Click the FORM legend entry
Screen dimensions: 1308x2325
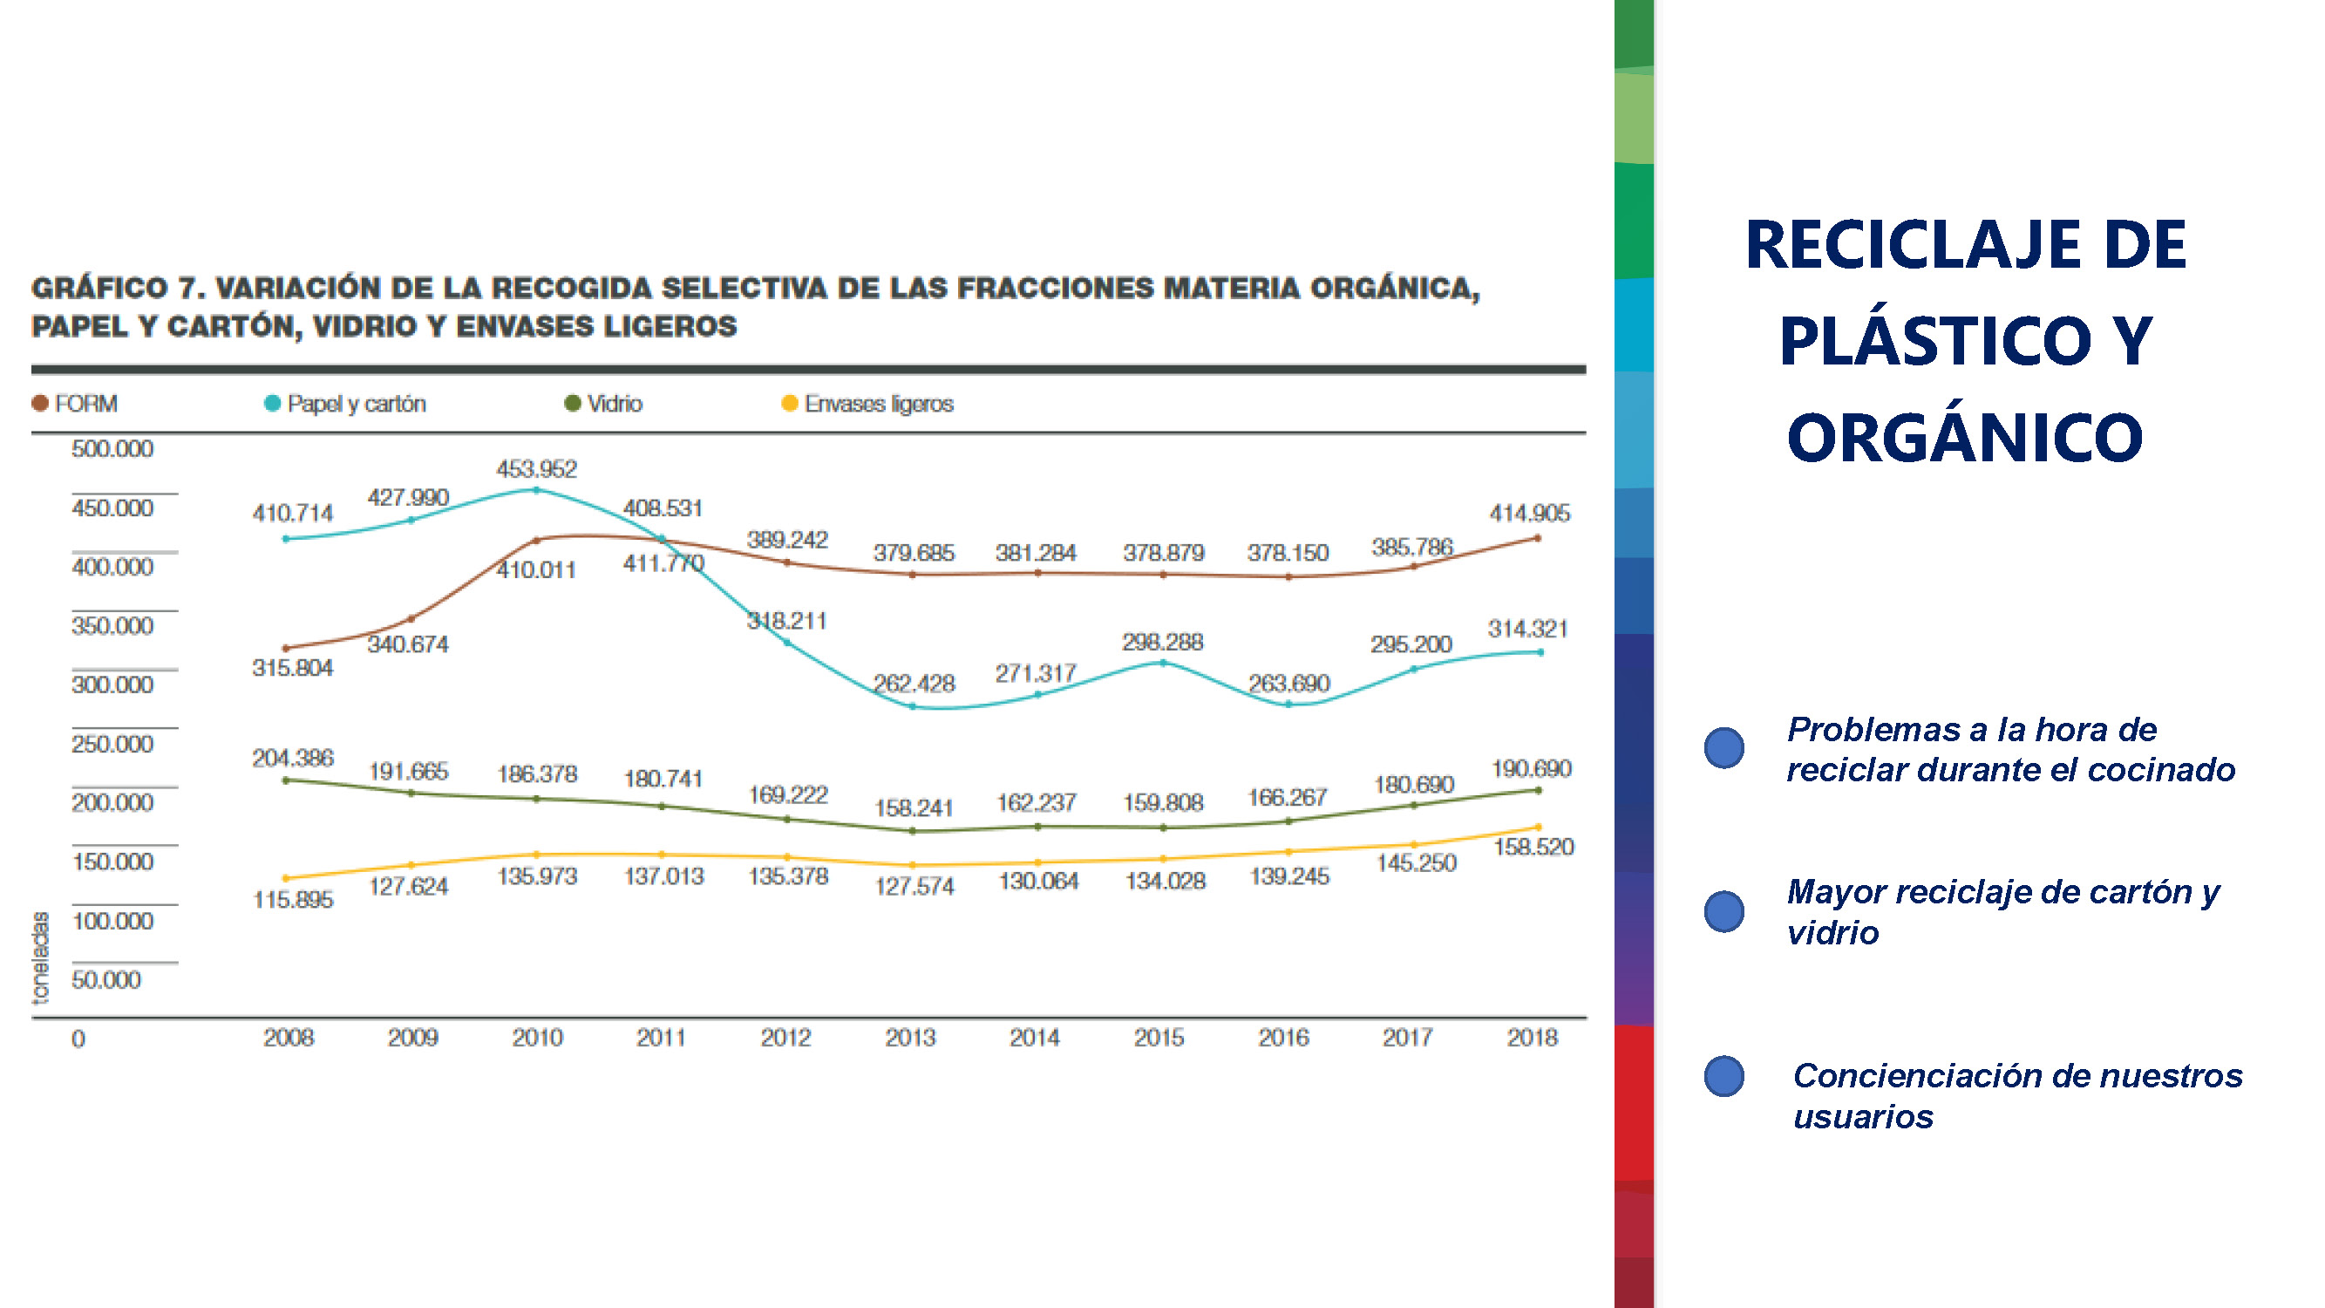(76, 404)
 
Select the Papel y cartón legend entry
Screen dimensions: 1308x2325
(346, 404)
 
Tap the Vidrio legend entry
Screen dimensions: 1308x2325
(604, 404)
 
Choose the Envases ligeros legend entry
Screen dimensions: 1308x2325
(867, 404)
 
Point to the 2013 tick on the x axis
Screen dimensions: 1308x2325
(910, 1038)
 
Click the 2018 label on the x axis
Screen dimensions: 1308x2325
(1532, 1038)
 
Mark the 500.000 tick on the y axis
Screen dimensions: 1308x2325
(112, 448)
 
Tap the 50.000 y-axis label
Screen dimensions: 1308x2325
(105, 979)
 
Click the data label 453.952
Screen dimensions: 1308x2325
(536, 469)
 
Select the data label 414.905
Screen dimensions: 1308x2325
(1529, 514)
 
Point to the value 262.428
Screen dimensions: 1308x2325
(914, 685)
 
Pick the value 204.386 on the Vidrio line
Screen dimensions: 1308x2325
(292, 759)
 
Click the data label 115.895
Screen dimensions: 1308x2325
(292, 900)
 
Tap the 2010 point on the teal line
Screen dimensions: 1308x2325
(536, 490)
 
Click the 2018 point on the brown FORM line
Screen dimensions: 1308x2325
(1538, 538)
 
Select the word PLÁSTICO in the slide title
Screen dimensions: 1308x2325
(1934, 341)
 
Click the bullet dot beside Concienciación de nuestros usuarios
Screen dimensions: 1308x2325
(1723, 1076)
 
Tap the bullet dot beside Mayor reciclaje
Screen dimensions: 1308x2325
(1723, 911)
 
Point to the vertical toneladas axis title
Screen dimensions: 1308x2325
(40, 957)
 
